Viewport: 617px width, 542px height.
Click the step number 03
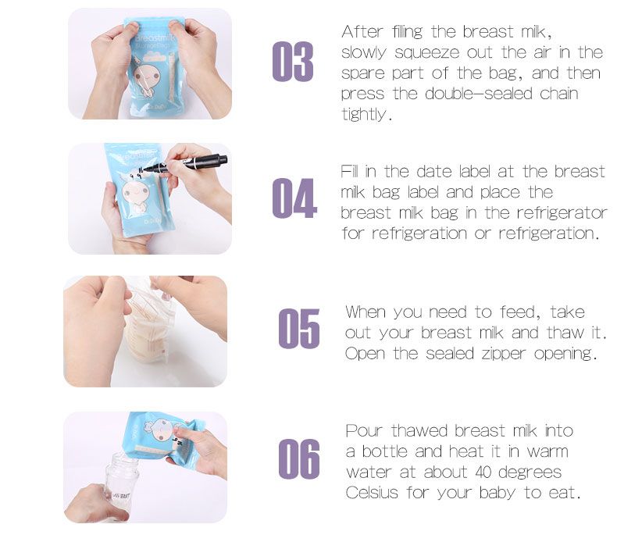293,62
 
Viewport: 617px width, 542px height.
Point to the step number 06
299,459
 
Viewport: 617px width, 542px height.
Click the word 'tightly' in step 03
364,114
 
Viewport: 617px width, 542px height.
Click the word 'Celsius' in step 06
374,494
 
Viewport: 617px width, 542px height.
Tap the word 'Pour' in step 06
365,431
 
